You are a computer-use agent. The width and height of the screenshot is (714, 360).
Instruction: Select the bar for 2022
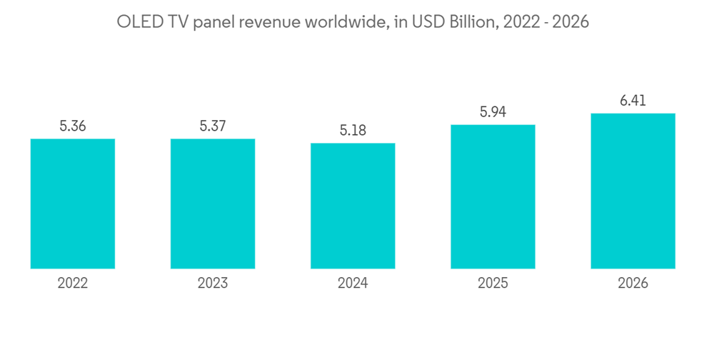click(73, 204)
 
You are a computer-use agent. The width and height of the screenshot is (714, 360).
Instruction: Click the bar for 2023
click(213, 204)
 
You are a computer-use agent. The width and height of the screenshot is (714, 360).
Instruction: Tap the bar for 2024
click(353, 206)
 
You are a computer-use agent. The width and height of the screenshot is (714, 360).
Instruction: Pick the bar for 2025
click(493, 196)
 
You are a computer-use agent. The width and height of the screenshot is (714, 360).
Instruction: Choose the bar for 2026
click(633, 191)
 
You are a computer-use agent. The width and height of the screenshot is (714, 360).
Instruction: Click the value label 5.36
click(73, 126)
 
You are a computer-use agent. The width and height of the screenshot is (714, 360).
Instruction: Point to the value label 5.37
click(213, 126)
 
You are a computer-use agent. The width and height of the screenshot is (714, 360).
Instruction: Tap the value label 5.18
click(353, 131)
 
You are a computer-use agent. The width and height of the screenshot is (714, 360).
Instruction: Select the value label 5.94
click(493, 113)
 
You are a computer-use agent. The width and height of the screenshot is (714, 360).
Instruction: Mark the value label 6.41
click(633, 101)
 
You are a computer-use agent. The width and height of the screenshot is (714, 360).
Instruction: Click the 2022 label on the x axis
click(73, 284)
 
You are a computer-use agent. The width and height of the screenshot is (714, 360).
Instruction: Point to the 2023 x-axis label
click(213, 284)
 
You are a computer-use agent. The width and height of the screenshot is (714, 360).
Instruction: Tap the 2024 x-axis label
click(353, 284)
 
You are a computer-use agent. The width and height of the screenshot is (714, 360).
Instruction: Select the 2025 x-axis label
click(493, 284)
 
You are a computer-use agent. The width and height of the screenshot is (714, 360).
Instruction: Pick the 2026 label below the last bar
click(633, 284)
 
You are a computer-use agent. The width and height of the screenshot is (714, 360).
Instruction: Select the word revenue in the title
click(272, 22)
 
